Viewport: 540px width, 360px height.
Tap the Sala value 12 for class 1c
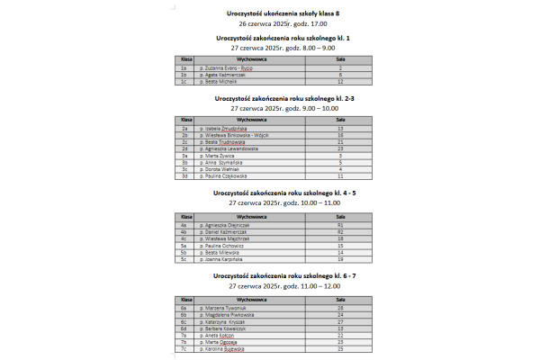click(340, 81)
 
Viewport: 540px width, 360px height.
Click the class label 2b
click(184, 135)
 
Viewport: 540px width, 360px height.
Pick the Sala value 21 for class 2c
click(340, 142)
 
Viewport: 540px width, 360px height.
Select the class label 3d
click(184, 175)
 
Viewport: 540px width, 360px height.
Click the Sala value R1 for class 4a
click(340, 225)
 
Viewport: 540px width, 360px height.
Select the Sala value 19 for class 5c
click(340, 258)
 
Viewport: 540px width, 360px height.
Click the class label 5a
click(184, 245)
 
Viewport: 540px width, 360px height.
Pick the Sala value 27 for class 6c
click(340, 321)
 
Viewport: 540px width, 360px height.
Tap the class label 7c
click(184, 348)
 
